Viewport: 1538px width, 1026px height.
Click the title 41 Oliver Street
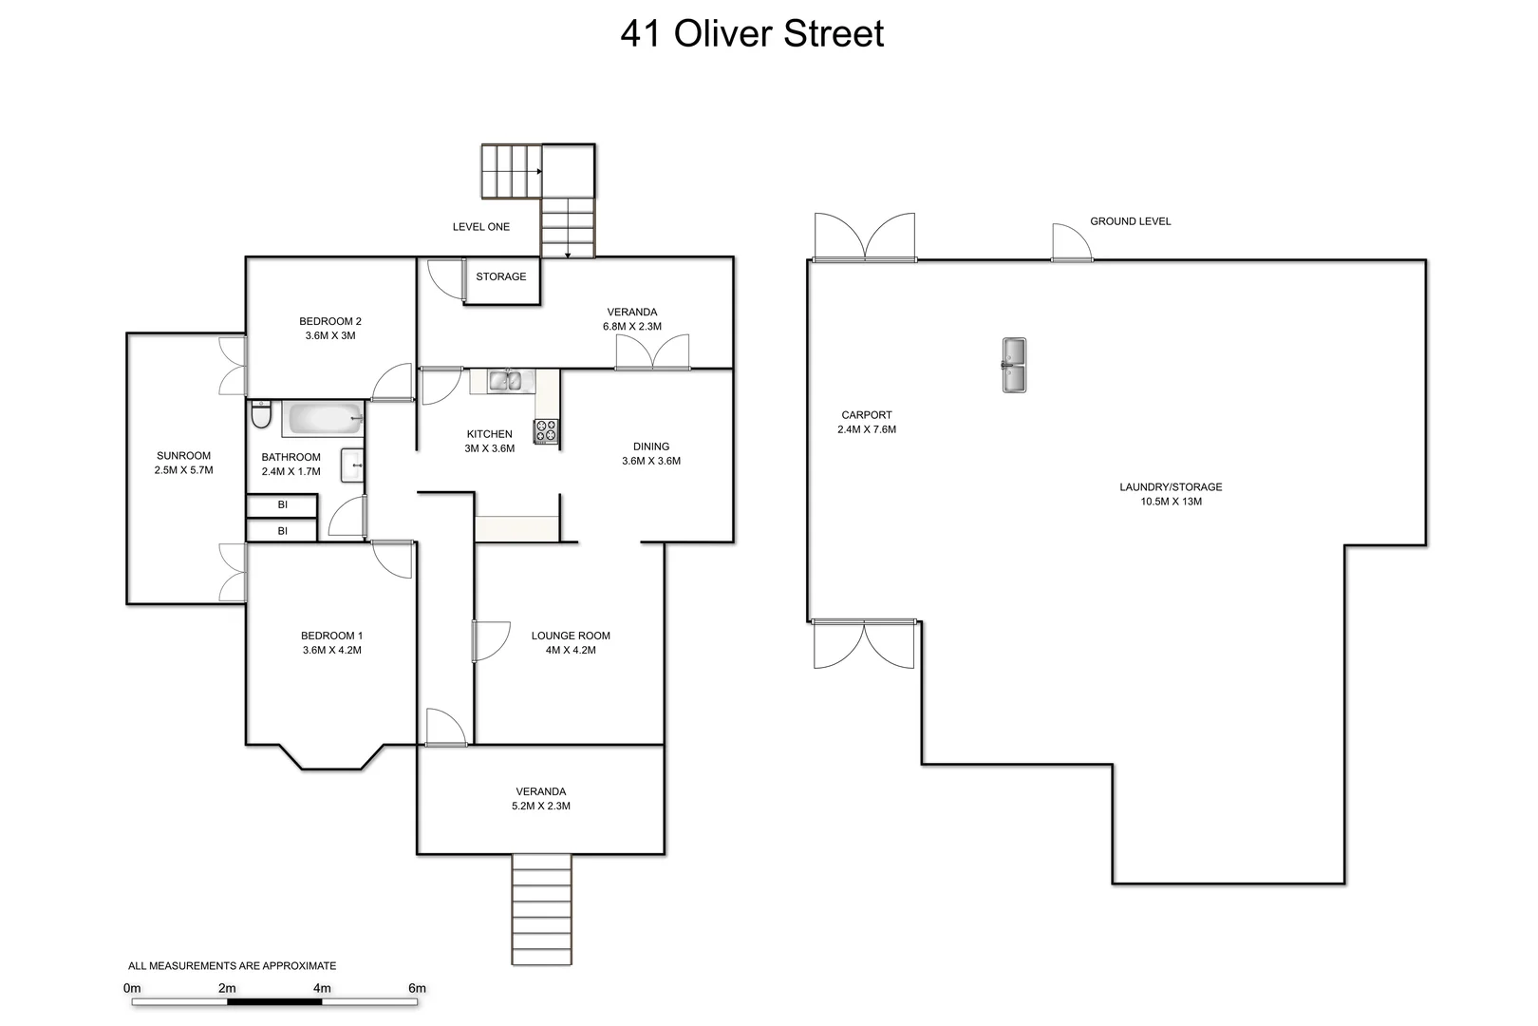752,34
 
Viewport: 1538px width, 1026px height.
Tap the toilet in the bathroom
261,415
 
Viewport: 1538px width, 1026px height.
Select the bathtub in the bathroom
323,418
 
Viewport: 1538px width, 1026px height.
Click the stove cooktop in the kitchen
546,431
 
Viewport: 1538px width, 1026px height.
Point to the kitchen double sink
504,381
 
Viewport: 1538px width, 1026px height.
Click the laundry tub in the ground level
1014,365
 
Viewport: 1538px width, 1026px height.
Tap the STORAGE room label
501,276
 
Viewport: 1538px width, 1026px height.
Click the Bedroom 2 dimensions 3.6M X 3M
330,335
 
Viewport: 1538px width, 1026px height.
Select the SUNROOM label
183,456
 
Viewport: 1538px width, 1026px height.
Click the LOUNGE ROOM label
571,636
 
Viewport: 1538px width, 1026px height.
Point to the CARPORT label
866,415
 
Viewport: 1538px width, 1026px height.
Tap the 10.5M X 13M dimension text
1171,502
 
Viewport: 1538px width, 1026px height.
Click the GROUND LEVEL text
1130,221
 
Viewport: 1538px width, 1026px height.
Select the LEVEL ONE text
481,227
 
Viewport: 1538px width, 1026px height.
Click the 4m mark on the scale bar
322,989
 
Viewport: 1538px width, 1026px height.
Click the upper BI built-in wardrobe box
282,505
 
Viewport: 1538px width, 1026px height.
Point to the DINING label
651,446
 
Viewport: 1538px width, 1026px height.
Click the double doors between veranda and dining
652,353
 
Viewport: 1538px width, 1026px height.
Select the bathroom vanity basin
352,465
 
